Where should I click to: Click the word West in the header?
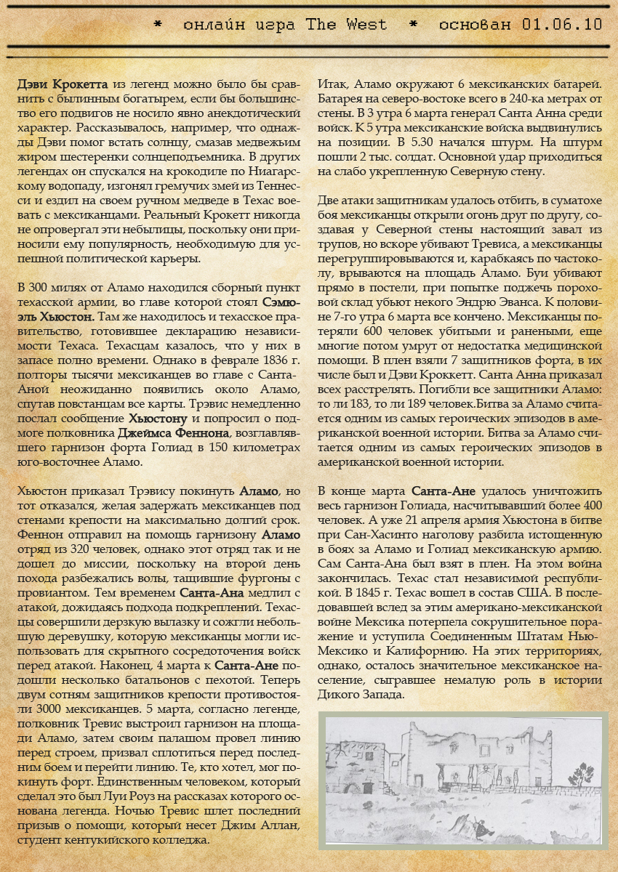[367, 24]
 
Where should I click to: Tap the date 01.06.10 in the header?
[562, 24]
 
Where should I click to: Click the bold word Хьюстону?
[158, 419]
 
